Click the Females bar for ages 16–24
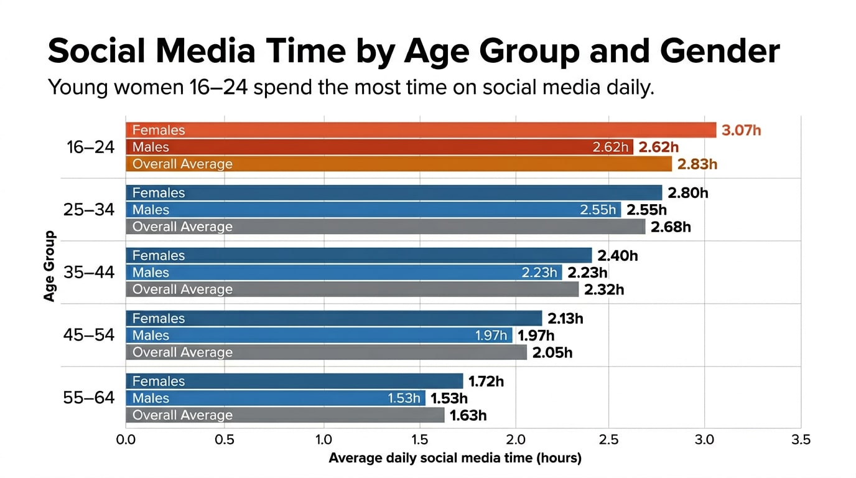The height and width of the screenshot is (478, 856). click(x=421, y=130)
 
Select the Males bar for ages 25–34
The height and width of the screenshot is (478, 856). click(x=373, y=210)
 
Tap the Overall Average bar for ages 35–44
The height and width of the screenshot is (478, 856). click(x=352, y=289)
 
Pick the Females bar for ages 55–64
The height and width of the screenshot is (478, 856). click(x=294, y=381)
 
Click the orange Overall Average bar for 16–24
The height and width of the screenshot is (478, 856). click(x=398, y=164)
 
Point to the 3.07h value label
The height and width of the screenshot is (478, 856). click(x=742, y=131)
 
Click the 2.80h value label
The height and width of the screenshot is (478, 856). click(x=688, y=193)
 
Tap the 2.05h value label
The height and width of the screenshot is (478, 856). click(x=552, y=352)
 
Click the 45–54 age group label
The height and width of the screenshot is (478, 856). click(x=89, y=335)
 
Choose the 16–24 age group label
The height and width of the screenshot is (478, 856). click(x=91, y=148)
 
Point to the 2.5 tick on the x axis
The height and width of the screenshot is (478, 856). click(x=608, y=440)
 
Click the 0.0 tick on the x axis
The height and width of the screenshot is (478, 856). click(x=126, y=440)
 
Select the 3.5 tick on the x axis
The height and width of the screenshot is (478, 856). click(x=801, y=440)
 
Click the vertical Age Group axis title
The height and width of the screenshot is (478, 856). click(x=50, y=266)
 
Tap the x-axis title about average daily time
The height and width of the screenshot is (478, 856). click(x=455, y=459)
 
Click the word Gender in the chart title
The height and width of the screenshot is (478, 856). click(x=720, y=51)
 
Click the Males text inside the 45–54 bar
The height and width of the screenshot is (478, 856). click(x=151, y=335)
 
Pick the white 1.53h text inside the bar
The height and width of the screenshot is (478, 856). click(x=404, y=398)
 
